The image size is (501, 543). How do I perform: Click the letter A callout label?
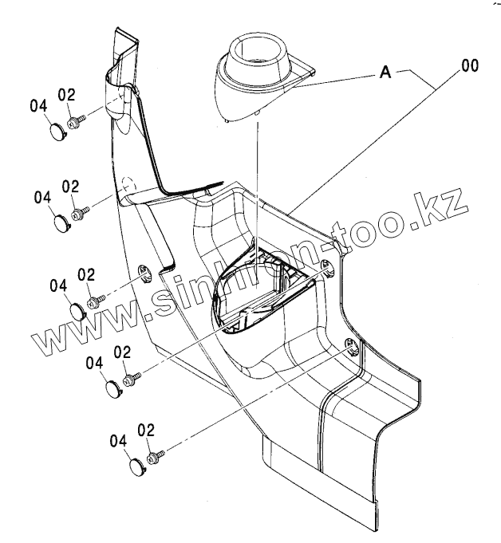pos(385,73)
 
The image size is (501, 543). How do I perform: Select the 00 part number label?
pos(469,66)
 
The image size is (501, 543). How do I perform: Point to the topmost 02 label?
pos(66,95)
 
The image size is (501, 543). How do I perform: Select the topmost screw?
pos(78,120)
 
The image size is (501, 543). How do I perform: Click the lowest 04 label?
pos(119,440)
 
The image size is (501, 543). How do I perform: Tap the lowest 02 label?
pos(145,430)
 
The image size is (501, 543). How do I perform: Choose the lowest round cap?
pos(136,465)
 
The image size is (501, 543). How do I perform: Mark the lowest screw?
pos(156,455)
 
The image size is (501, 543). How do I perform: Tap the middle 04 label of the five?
pos(59,285)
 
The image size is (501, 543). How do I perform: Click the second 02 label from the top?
pos(70,187)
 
